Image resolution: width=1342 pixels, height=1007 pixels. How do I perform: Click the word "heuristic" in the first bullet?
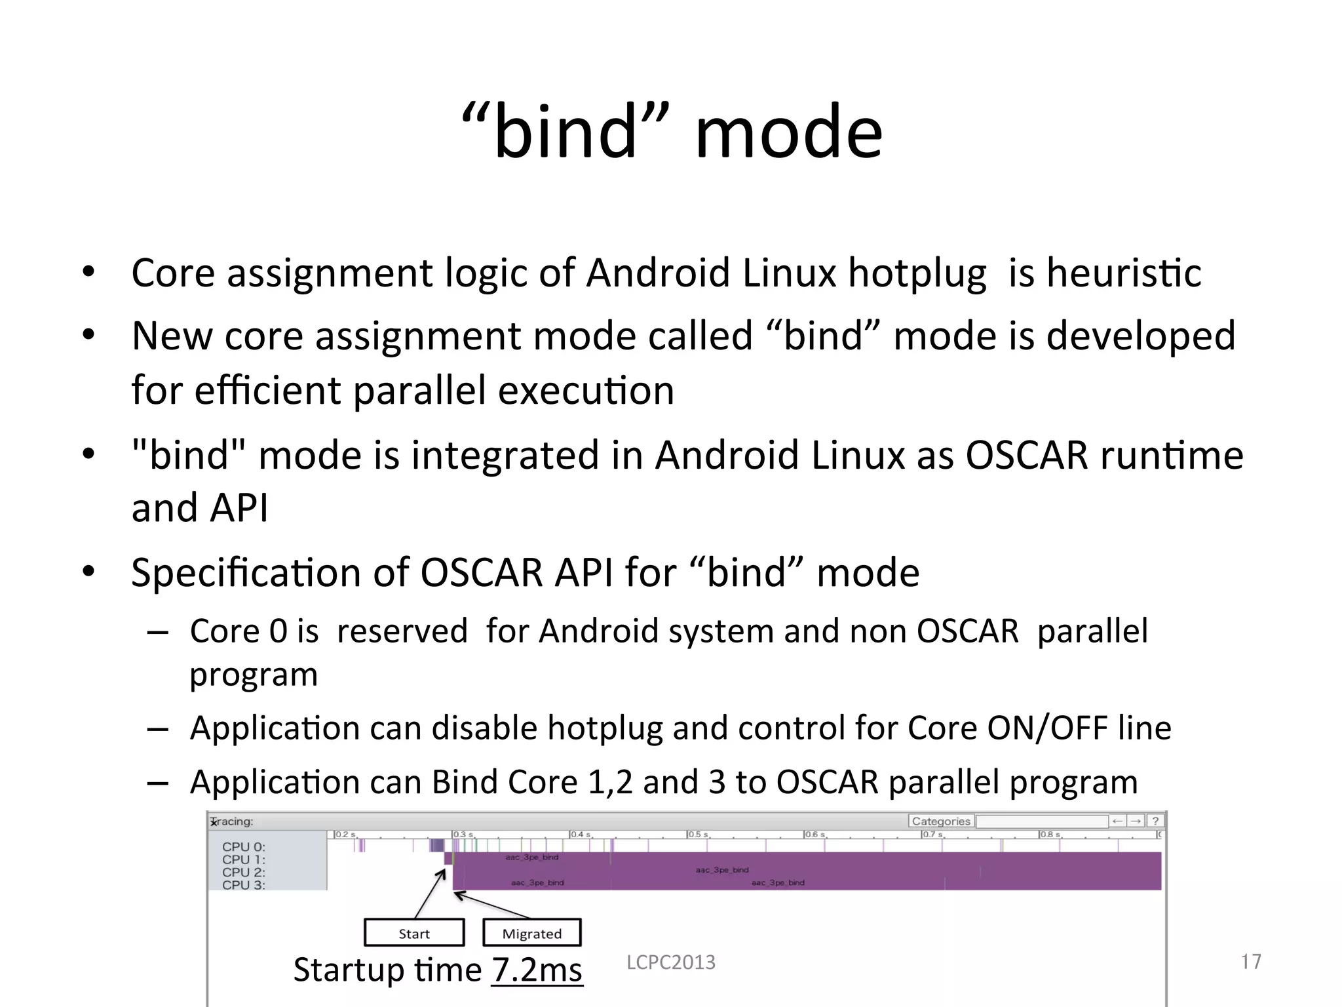1124,273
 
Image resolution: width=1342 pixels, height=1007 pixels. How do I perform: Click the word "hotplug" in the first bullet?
917,273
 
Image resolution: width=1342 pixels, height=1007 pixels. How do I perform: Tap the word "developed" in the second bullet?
1140,336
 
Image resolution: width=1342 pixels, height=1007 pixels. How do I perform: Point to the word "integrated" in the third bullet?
505,455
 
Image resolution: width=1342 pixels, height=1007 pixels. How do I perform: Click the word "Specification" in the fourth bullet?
246,572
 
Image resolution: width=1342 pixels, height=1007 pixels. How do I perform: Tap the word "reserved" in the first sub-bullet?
402,631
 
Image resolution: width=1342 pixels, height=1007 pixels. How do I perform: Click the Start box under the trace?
414,933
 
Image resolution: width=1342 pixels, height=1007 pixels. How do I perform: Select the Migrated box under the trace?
531,933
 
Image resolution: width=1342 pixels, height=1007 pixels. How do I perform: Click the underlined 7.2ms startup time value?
537,970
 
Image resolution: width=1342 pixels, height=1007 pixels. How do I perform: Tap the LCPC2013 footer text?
671,962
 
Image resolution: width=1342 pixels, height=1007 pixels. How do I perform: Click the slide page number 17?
1250,962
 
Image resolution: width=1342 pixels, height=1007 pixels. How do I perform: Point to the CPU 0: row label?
243,847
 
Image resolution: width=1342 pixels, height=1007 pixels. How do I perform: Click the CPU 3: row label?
243,885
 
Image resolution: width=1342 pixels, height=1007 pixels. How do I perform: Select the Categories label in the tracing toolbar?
940,821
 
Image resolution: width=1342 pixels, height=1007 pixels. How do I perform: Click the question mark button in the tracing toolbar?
1156,821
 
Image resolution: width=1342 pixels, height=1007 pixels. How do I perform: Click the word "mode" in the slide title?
789,132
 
